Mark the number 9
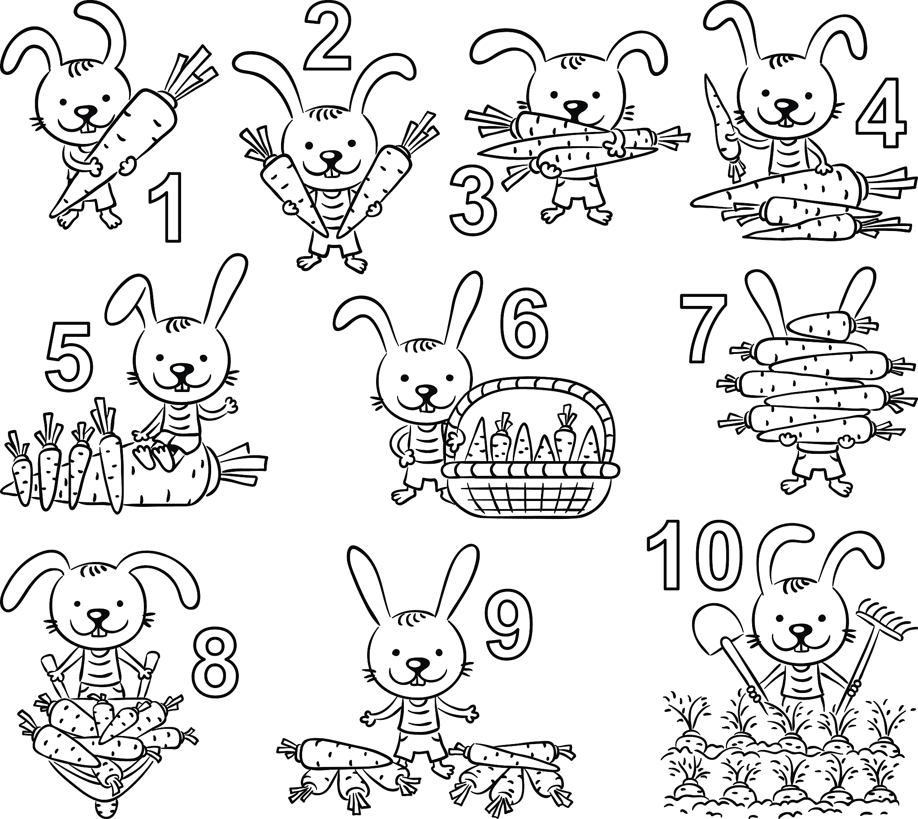pos(509,623)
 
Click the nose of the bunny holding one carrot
pos(86,112)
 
